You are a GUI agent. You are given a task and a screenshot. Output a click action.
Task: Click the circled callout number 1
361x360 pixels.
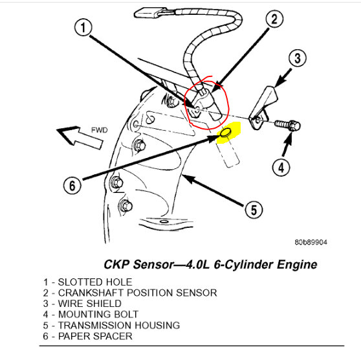[x=83, y=27]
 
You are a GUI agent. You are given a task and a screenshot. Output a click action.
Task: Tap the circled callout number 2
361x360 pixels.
[x=274, y=19]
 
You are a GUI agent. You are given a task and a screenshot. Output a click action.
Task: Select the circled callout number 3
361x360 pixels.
[x=298, y=58]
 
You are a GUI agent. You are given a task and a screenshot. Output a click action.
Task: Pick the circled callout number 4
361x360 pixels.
[x=281, y=167]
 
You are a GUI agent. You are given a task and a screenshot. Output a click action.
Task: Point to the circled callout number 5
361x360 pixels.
[x=254, y=210]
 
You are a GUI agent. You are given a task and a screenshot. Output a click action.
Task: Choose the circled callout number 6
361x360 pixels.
[x=72, y=186]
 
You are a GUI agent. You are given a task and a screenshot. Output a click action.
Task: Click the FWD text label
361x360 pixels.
[x=100, y=130]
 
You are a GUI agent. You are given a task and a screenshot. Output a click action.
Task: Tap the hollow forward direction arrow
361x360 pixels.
[x=80, y=138]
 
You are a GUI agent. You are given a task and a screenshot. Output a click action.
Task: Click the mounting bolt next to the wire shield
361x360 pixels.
[x=287, y=126]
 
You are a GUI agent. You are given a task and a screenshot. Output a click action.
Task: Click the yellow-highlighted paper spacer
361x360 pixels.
[x=226, y=133]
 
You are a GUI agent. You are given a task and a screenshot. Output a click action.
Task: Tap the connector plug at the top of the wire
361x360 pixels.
[x=149, y=12]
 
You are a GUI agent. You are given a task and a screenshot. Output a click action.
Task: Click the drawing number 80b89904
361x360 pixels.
[x=311, y=242]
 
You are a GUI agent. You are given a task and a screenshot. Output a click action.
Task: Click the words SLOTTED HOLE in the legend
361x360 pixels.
[x=95, y=282]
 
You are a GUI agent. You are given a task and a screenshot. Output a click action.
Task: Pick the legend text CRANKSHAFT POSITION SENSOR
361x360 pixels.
[x=137, y=293]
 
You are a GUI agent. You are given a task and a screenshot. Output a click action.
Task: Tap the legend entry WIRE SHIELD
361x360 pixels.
[x=89, y=304]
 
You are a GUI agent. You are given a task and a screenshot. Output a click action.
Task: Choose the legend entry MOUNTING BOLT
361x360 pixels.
[x=98, y=315]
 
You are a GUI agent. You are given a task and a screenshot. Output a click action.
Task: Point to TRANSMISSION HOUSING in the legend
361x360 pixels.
[x=119, y=325]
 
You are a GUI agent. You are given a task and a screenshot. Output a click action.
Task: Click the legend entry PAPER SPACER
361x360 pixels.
[x=95, y=336]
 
